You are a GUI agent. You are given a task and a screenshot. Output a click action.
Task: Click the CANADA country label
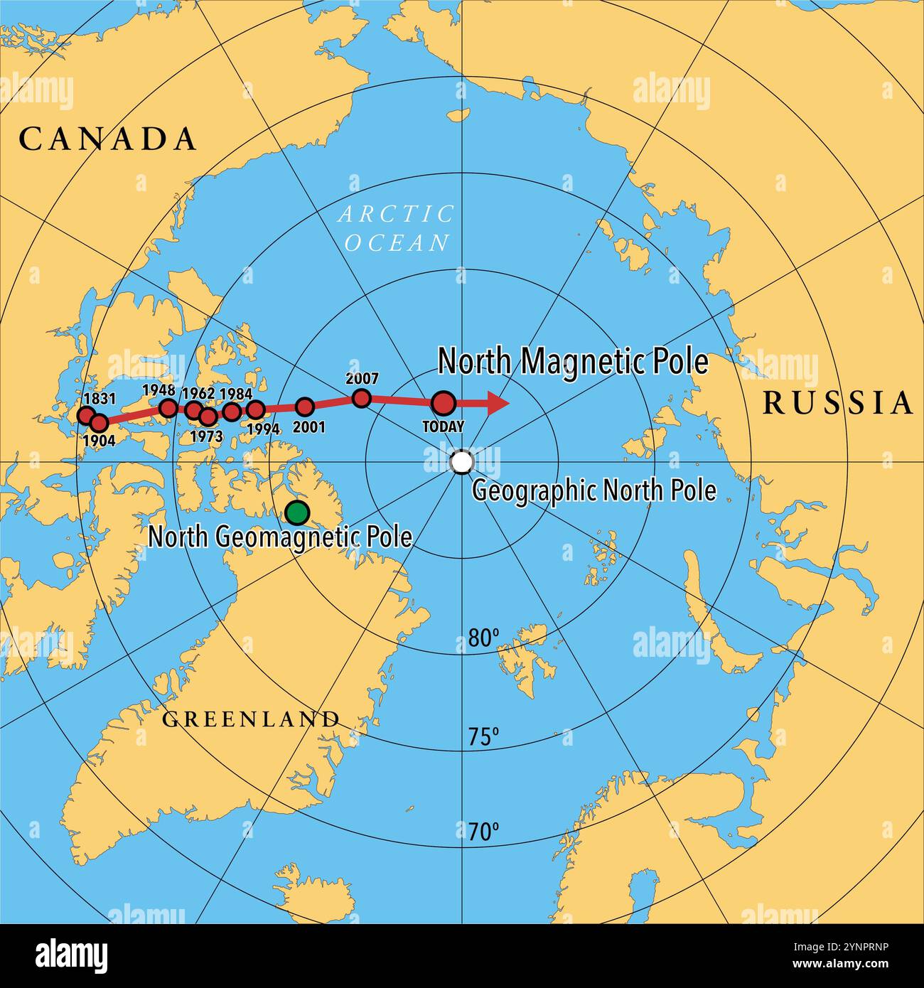click(107, 139)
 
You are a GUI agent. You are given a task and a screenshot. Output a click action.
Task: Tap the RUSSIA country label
click(837, 403)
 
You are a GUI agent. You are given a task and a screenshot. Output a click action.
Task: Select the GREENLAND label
click(251, 719)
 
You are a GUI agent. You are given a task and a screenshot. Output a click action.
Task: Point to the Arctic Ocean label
click(397, 228)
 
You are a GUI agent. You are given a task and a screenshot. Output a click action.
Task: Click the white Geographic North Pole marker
click(462, 462)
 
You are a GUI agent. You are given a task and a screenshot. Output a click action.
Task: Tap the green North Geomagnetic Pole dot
click(297, 512)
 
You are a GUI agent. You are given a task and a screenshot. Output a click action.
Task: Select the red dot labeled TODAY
click(444, 403)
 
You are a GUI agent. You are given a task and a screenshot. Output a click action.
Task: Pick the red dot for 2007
click(361, 398)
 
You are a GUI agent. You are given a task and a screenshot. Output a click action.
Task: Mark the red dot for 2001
click(305, 407)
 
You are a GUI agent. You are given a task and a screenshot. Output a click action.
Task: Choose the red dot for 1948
click(168, 407)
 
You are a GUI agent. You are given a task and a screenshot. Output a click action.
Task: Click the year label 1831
click(100, 399)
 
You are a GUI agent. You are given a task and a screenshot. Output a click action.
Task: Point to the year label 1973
click(207, 436)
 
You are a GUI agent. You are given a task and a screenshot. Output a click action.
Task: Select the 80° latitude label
click(484, 638)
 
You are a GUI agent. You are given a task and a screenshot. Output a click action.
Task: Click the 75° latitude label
click(483, 737)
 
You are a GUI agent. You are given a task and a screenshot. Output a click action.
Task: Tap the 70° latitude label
click(483, 831)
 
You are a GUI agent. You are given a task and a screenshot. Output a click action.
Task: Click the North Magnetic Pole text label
click(573, 361)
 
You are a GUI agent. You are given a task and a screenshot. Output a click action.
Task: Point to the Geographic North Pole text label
click(594, 490)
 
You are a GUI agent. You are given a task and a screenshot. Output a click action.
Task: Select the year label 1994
click(262, 429)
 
